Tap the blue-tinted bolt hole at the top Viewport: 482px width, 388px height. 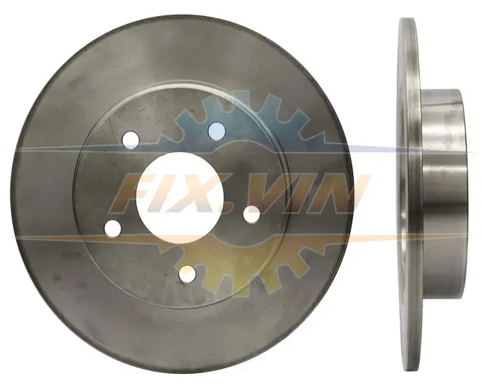(x=217, y=131)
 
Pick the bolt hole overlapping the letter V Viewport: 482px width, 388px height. (x=252, y=215)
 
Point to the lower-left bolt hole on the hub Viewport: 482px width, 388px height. (x=113, y=228)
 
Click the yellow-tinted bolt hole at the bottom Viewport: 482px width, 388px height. (x=187, y=274)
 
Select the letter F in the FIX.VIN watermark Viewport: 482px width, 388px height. (x=129, y=193)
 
